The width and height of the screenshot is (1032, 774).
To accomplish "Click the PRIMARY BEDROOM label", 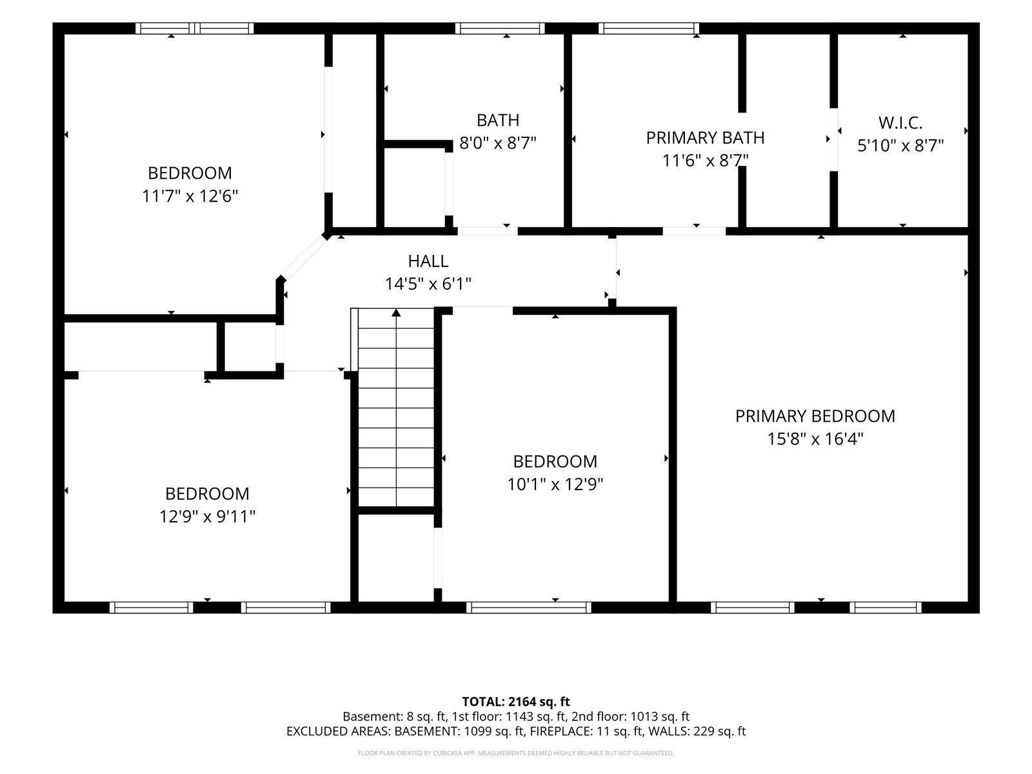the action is [x=815, y=416].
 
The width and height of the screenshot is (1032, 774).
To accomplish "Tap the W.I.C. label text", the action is [x=900, y=123].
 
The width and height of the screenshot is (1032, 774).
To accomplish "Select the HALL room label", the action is [x=428, y=261].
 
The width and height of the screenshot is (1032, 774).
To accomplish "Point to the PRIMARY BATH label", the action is [x=705, y=137].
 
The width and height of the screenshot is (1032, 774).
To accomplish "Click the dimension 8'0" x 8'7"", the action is [x=497, y=143].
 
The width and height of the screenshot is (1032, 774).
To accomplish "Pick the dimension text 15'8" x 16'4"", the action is [x=815, y=439].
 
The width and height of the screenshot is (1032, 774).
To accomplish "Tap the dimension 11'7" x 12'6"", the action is [x=190, y=195].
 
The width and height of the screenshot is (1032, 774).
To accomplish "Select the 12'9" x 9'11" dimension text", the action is [x=207, y=517].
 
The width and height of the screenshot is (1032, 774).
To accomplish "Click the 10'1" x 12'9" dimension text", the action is [x=555, y=484].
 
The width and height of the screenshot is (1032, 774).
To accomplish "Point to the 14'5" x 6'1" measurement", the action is [x=428, y=284].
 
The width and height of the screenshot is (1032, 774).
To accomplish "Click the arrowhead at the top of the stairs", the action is [x=396, y=313].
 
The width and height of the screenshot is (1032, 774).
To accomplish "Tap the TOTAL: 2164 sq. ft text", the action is [x=516, y=702].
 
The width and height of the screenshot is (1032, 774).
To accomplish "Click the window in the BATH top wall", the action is [x=500, y=28].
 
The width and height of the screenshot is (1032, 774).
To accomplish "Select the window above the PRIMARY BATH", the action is [x=648, y=28].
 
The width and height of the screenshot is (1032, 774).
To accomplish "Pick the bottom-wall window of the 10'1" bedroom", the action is [x=529, y=608].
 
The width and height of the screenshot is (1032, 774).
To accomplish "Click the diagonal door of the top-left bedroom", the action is [x=304, y=257].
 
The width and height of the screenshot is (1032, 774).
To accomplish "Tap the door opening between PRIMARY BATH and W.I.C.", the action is [x=833, y=139].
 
